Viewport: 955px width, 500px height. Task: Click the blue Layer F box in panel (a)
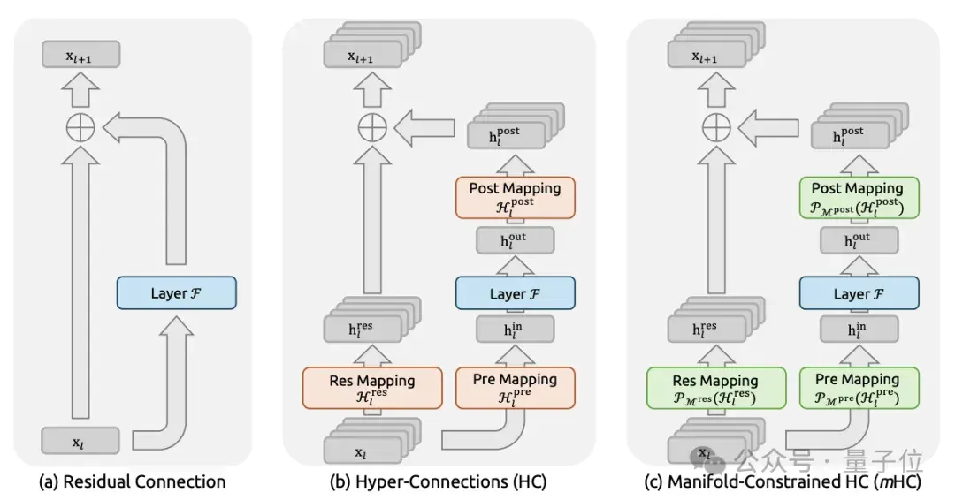pos(177,293)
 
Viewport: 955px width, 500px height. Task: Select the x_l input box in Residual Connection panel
pos(80,441)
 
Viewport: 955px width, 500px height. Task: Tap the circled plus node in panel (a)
pos(80,128)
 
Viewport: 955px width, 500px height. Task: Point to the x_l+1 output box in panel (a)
pos(81,54)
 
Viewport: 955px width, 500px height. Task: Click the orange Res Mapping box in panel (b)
pos(372,388)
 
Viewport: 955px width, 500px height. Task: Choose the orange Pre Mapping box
pos(516,388)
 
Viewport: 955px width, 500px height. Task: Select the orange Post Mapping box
pos(516,198)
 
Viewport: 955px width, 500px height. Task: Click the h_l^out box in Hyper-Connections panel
pos(516,241)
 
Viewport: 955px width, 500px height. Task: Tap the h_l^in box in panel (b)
pos(516,330)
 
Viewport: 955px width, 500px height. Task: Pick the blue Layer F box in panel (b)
pos(516,293)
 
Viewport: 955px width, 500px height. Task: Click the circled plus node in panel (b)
pos(372,128)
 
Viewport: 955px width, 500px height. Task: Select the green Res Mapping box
pos(716,388)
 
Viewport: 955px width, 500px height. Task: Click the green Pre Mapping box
pos(859,388)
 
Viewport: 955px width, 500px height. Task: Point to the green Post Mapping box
pos(859,198)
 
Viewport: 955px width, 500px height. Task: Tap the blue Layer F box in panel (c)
pos(859,293)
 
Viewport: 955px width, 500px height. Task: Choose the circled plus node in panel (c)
pos(716,128)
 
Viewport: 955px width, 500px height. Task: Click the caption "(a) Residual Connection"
pos(132,481)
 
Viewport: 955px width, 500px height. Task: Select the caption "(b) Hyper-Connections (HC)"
pos(438,481)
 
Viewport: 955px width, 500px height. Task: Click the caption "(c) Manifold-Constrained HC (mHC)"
pos(783,481)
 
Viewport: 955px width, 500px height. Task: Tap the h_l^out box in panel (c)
pos(859,241)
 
